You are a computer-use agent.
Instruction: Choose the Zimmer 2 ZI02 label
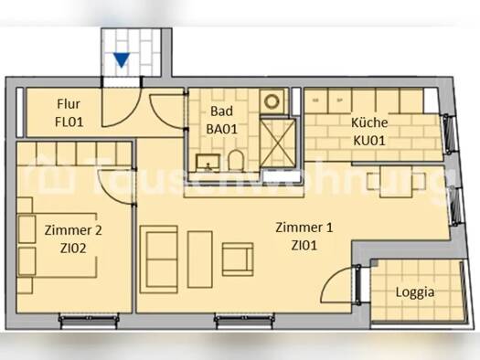click(67, 238)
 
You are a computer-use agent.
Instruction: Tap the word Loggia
click(414, 293)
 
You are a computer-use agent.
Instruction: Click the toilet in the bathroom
click(235, 161)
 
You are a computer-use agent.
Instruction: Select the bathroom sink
click(207, 163)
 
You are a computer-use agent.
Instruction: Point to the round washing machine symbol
click(273, 101)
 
